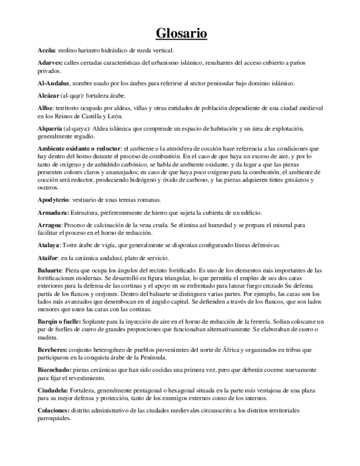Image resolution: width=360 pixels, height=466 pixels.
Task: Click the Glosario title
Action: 181,34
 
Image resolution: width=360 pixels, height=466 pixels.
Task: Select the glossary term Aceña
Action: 47,50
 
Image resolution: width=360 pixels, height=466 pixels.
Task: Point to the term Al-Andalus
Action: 53,83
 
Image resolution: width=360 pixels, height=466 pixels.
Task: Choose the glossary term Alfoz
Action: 46,108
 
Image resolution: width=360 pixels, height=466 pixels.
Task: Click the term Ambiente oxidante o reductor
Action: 79,148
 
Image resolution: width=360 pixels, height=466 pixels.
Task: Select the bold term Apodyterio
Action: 57,199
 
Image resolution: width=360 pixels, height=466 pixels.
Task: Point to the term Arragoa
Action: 49,225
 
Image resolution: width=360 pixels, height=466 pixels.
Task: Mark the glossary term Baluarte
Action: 49,270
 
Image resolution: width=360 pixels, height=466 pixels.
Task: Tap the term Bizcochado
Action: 56,369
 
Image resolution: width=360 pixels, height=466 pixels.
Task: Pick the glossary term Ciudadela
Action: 53,390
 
